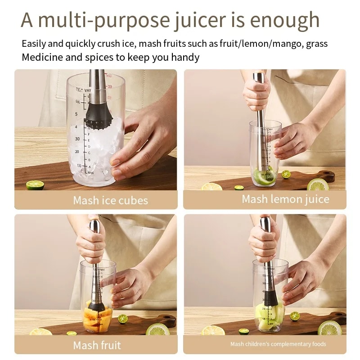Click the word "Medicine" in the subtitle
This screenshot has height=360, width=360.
[x=40, y=57]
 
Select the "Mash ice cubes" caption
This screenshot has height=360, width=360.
[x=110, y=200]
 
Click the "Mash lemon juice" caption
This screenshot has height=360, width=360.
[x=285, y=199]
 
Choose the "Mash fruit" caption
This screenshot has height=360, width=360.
[x=97, y=345]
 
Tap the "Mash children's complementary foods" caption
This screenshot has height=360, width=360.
[x=278, y=344]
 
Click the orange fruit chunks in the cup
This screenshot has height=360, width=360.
[x=97, y=317]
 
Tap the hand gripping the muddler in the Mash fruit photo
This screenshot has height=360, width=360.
[x=92, y=245]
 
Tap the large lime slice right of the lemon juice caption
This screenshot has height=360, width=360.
[x=318, y=184]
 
